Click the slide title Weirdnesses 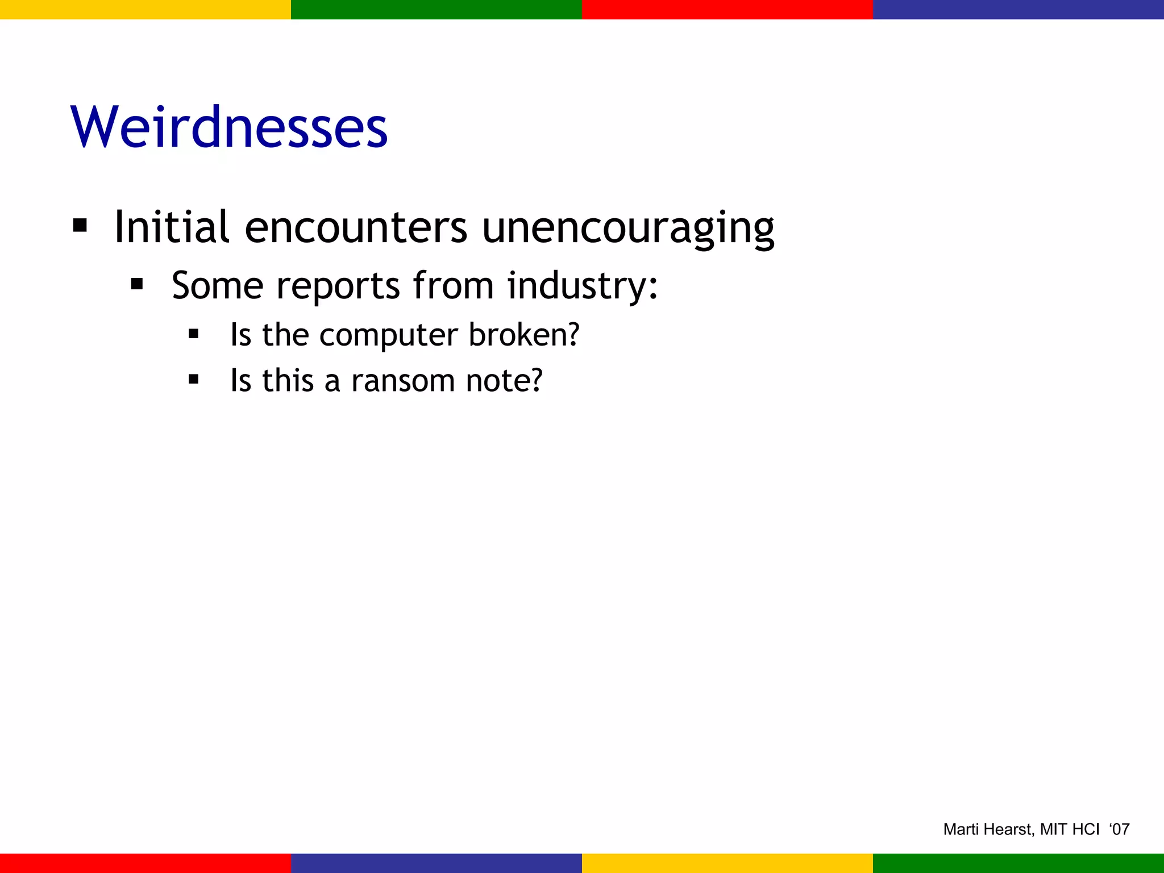[229, 127]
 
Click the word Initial [172, 227]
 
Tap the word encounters [356, 227]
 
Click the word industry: [583, 285]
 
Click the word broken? [523, 335]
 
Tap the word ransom [402, 380]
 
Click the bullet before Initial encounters [80, 226]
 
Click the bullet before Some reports [136, 284]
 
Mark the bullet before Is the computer [193, 334]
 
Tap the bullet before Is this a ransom [193, 379]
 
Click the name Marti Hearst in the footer [987, 829]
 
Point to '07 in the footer [1119, 829]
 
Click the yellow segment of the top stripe [145, 9]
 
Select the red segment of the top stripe [727, 9]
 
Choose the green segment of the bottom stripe [1018, 863]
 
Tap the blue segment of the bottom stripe [436, 863]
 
